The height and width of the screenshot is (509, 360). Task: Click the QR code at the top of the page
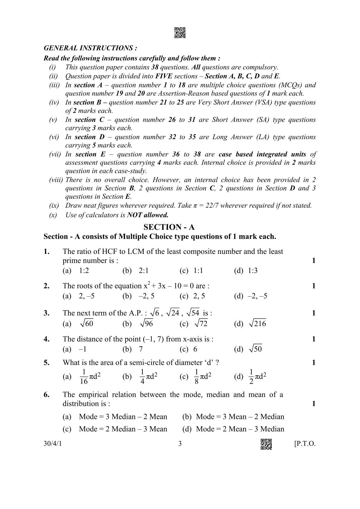point(180,33)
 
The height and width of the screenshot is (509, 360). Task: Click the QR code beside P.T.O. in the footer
point(266,444)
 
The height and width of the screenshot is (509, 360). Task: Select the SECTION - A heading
point(169,227)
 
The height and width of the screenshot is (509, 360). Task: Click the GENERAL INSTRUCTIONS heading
point(90,48)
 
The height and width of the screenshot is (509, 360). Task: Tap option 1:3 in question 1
point(252,271)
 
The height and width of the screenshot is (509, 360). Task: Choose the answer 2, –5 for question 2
point(87,296)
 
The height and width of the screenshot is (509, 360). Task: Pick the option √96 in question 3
point(146,324)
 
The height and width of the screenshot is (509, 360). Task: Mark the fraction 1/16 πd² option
point(90,377)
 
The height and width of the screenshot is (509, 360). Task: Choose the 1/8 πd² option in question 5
point(203,377)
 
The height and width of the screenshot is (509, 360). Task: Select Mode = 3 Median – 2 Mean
point(123,417)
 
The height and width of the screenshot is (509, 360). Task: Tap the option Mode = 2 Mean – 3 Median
point(240,429)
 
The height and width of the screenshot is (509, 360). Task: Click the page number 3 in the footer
point(180,444)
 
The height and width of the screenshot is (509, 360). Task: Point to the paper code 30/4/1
point(53,444)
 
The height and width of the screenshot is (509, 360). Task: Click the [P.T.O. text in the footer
point(305,444)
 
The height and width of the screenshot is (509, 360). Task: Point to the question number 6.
point(46,395)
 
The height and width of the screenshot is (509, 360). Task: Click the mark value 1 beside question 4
point(314,339)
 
